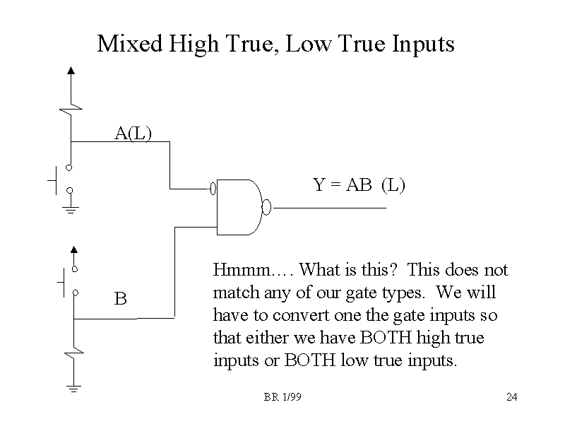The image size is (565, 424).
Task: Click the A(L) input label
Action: point(133,133)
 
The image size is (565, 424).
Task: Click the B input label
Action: point(121,299)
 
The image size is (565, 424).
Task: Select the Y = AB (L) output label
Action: point(359,185)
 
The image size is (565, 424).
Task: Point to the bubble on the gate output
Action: point(266,208)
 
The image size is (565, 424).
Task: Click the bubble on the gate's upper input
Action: point(213,189)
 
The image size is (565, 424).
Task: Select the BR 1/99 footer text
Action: point(282,397)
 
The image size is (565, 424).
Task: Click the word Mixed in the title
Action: point(129,45)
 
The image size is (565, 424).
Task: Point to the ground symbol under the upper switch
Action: point(70,209)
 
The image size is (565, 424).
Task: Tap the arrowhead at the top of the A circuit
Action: point(70,71)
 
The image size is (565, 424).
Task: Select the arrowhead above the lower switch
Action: point(71,249)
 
